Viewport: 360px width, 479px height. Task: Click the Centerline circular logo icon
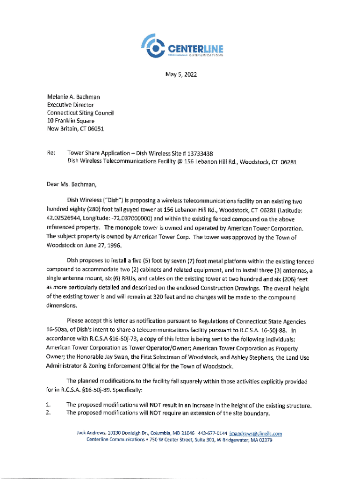pyautogui.click(x=153, y=46)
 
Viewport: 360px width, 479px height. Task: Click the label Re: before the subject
pyautogui.click(x=51, y=152)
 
